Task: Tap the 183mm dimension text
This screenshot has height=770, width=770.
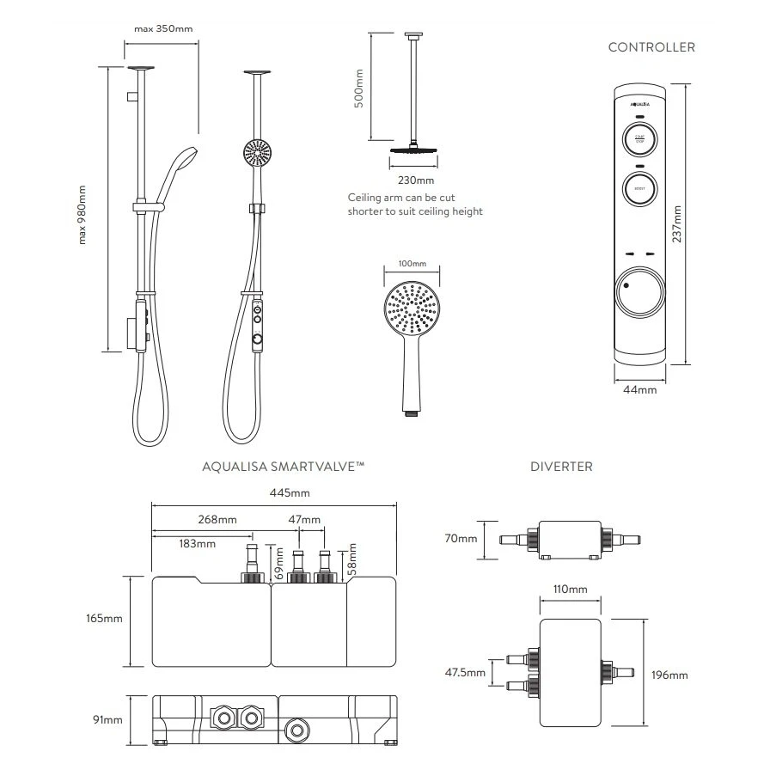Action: [x=198, y=544]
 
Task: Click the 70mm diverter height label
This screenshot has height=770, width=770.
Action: [x=461, y=539]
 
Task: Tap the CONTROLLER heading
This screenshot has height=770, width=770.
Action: [x=651, y=47]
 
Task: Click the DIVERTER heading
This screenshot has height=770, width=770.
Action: [x=561, y=467]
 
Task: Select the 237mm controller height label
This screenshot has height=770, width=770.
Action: [x=678, y=223]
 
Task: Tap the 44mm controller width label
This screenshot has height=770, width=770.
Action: [x=640, y=389]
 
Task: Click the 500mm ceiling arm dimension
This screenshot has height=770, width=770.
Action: [x=360, y=88]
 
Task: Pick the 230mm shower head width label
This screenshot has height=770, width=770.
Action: [x=417, y=180]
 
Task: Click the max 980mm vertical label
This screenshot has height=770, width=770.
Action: [x=83, y=215]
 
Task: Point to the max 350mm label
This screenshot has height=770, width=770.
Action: [x=163, y=28]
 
